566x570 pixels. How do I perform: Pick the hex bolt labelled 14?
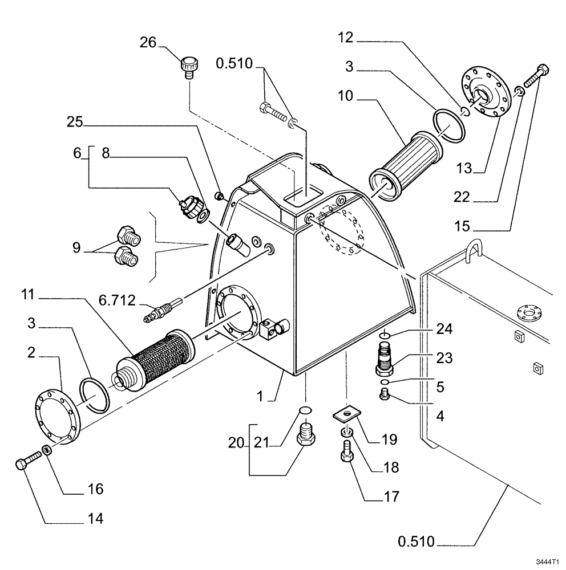(x=29, y=461)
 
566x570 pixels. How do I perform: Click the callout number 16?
(x=95, y=488)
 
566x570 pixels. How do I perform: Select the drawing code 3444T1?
(x=547, y=561)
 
